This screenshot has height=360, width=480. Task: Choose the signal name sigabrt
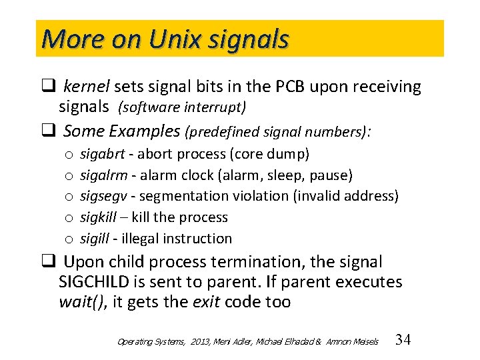pos(102,154)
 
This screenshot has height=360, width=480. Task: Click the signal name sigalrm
pos(102,175)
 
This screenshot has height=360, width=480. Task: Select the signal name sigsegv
pos(103,196)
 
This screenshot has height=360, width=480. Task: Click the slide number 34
pos(403,340)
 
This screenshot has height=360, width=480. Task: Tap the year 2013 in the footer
pos(201,341)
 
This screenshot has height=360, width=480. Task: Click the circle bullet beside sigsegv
pos(69,197)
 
